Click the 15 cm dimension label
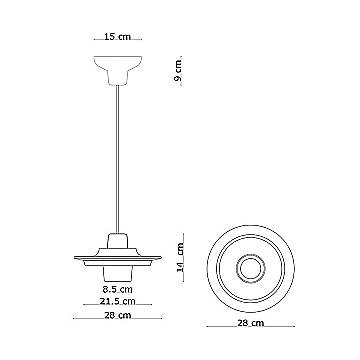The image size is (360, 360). click(118, 36)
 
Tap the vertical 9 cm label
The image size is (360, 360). click(178, 71)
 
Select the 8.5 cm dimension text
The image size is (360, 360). click(118, 290)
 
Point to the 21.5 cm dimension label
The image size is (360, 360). click(118, 301)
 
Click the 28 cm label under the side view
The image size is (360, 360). click(118, 315)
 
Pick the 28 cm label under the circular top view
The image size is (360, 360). click(251, 323)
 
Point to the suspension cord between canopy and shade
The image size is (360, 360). click(118, 159)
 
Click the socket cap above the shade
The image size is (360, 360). click(118, 241)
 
